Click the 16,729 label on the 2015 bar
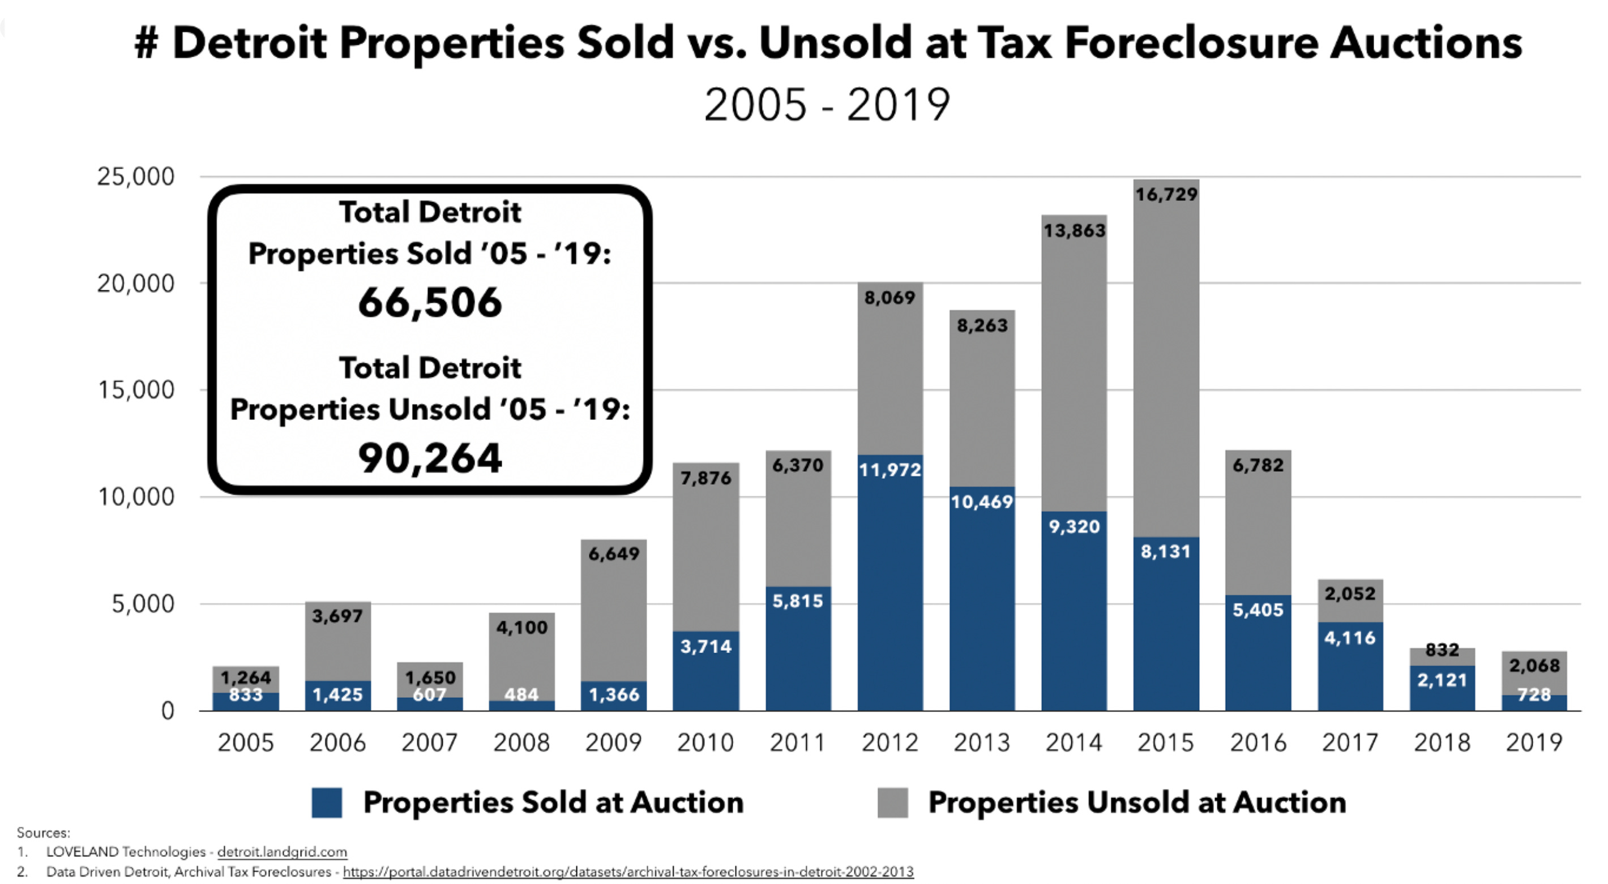pos(1166,195)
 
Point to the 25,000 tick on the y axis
pos(135,177)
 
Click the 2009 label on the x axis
pos(613,743)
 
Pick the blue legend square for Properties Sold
pos(327,803)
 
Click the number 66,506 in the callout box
pos(430,303)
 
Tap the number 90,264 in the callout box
pos(430,458)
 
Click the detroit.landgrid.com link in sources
pos(281,852)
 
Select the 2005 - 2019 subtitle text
pos(827,105)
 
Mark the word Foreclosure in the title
pos(1191,44)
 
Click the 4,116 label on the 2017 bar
pos(1350,638)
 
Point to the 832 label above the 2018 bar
pos(1442,650)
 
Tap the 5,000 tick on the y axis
pos(143,604)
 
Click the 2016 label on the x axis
pos(1258,743)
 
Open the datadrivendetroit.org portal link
pos(627,872)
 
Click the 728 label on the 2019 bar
pos(1534,694)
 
